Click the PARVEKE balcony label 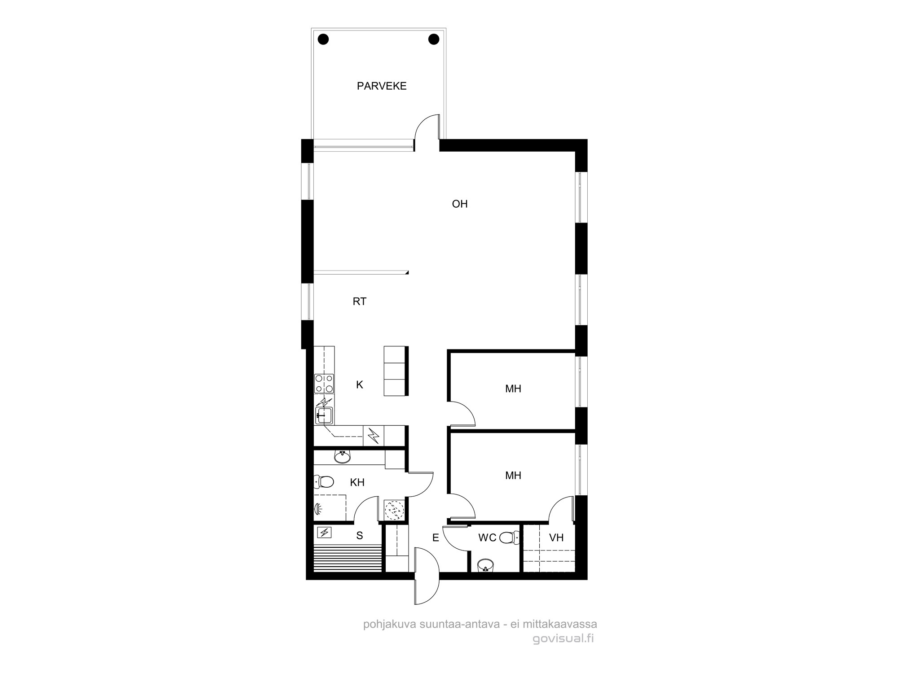point(382,86)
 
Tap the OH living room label point(460,204)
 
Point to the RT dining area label point(360,302)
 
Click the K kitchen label point(360,385)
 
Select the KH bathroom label point(357,482)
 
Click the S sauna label point(360,535)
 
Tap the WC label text point(487,538)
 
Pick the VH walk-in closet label point(556,538)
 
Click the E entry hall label point(436,538)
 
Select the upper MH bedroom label point(513,389)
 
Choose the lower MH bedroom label point(513,475)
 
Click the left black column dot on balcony point(323,39)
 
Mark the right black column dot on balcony point(434,39)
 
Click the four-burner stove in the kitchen point(324,384)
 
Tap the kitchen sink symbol point(324,415)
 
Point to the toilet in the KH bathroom point(324,482)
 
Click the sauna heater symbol point(324,533)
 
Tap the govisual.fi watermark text point(563,638)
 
